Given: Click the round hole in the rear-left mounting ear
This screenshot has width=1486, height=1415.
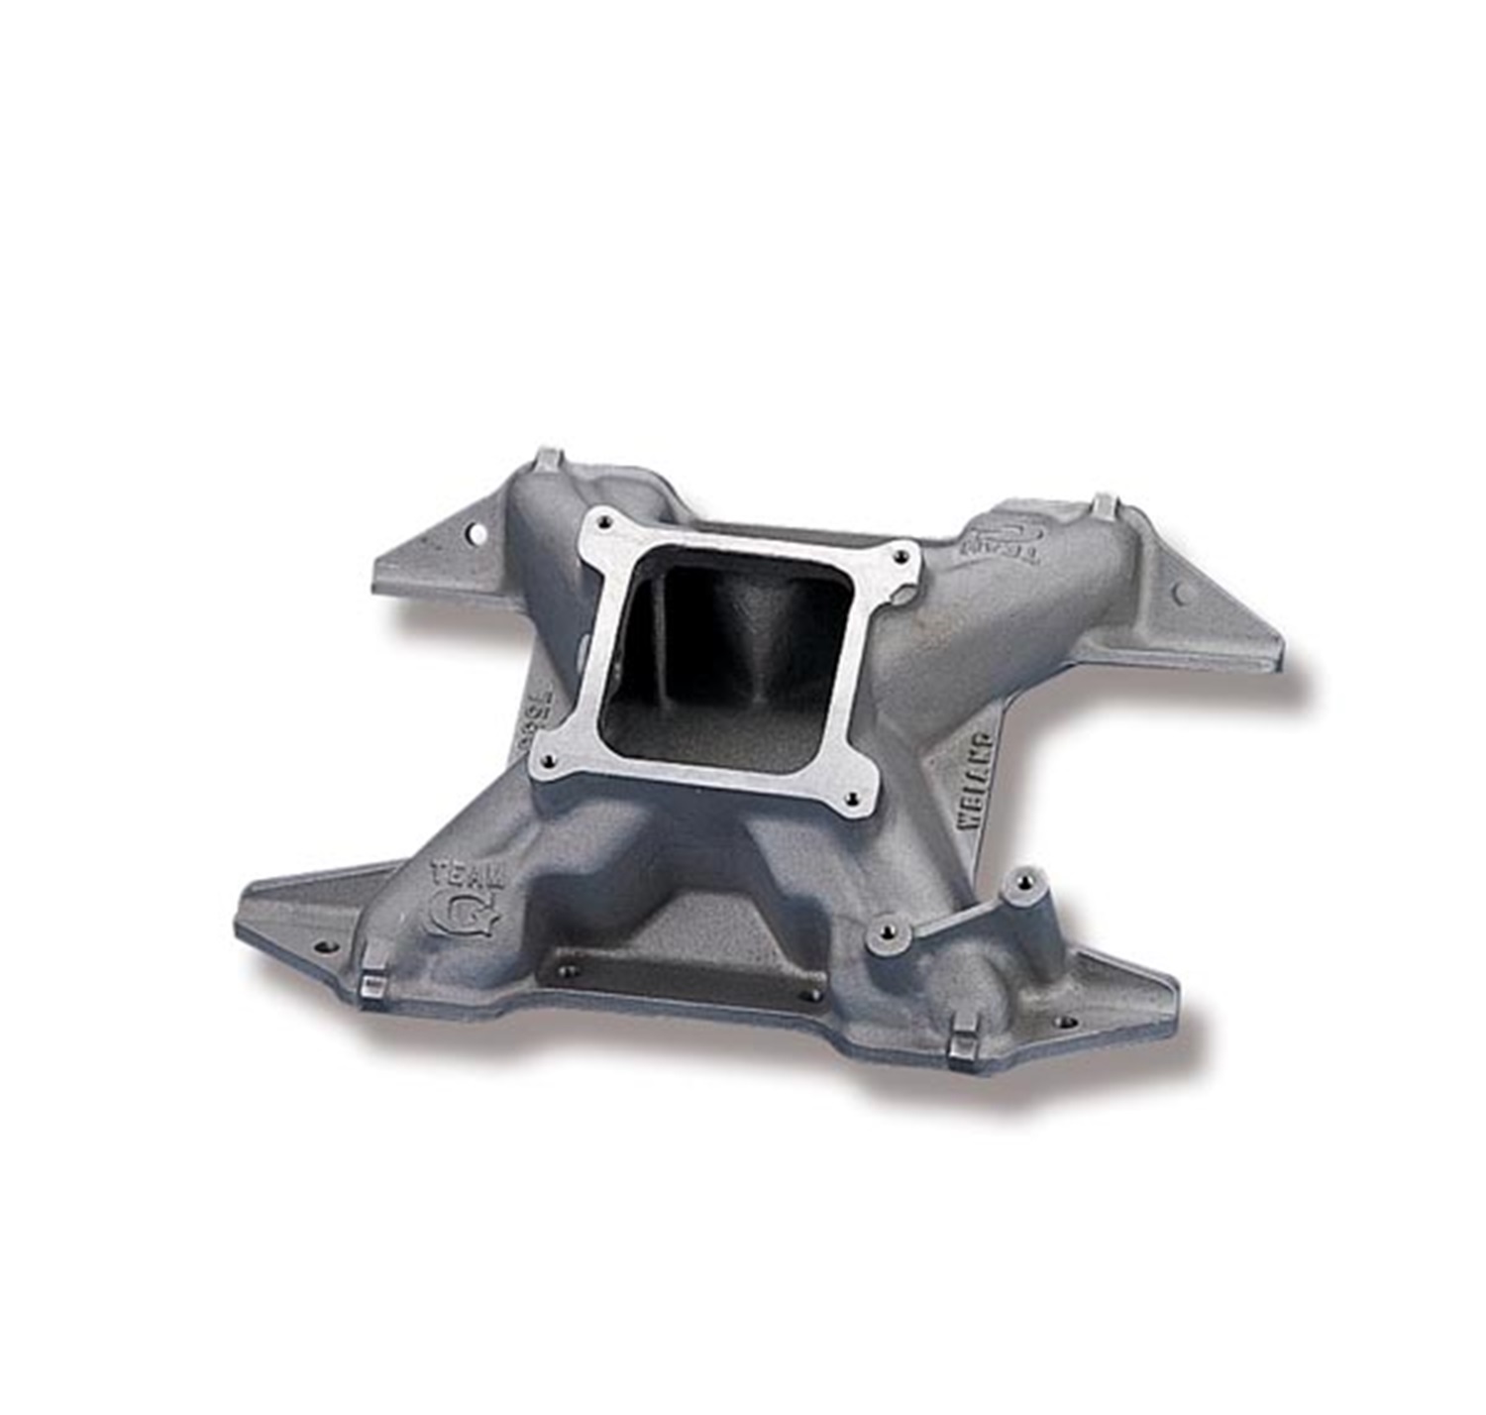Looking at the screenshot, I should [x=480, y=535].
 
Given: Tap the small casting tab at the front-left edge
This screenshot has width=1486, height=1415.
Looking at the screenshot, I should [x=373, y=985].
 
